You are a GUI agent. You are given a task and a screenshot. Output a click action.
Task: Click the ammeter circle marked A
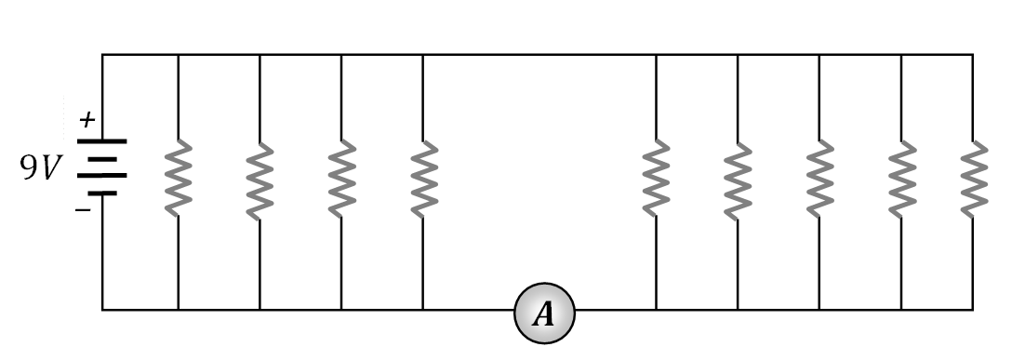[x=544, y=313]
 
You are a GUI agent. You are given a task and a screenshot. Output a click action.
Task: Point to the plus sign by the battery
[x=87, y=120]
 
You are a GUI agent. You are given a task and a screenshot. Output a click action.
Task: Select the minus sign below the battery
[x=84, y=209]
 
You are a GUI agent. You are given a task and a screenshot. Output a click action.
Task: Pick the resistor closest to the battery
[x=178, y=178]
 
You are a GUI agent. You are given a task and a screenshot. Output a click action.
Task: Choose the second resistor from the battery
[x=260, y=178]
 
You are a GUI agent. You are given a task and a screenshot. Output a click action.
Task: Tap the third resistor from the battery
[x=341, y=178]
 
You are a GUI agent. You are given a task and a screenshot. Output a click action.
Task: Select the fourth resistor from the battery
[x=423, y=178]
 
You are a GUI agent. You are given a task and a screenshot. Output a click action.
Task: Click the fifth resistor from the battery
[x=656, y=178]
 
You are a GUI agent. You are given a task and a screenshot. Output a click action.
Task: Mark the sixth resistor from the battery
[x=738, y=178]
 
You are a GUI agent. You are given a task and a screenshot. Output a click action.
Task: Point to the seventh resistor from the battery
[x=819, y=178]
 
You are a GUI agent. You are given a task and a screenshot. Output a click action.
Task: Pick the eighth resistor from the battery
[x=901, y=178]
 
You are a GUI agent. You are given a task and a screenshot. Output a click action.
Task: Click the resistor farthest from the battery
[x=973, y=178]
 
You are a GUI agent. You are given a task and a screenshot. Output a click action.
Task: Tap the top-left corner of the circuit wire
[x=102, y=55]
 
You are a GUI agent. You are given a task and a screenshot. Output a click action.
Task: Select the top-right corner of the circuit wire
[x=973, y=55]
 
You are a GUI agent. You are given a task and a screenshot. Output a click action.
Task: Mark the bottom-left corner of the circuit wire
[x=102, y=309]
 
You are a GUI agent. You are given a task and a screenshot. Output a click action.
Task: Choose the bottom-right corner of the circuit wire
[x=973, y=309]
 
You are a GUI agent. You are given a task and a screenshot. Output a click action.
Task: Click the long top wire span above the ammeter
[x=539, y=55]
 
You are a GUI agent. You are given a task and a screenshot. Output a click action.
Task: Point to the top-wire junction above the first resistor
[x=178, y=55]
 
